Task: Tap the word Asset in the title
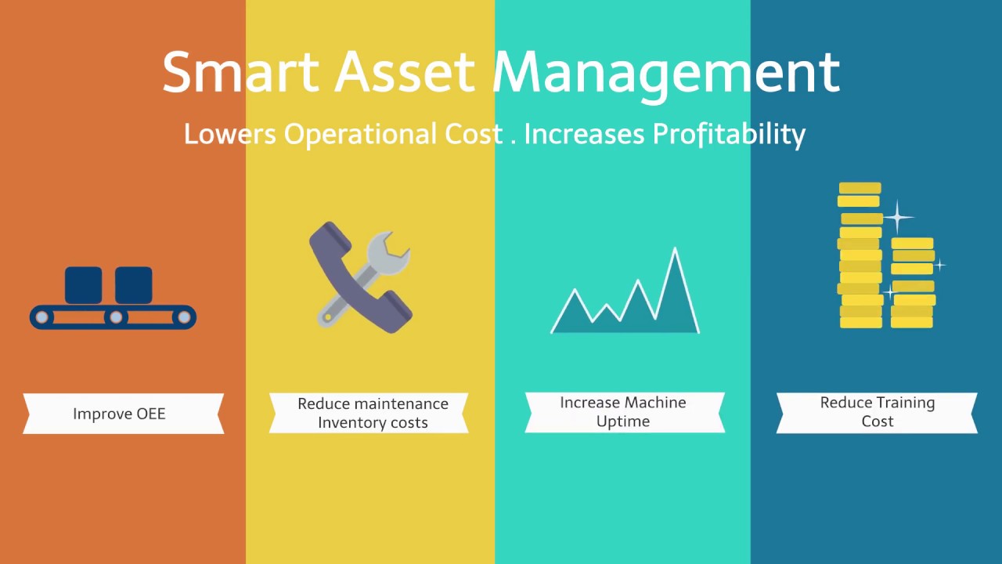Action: click(x=405, y=72)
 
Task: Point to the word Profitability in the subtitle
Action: click(x=729, y=135)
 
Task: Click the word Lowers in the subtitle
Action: click(x=229, y=134)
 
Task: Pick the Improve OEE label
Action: click(x=120, y=414)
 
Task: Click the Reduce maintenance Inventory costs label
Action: click(x=373, y=413)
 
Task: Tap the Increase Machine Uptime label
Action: click(x=623, y=412)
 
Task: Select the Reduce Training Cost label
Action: click(x=878, y=412)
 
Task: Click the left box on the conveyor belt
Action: click(x=83, y=285)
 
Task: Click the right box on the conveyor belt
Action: click(x=133, y=285)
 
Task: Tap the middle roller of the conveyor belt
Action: click(x=116, y=317)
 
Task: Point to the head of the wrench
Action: click(x=388, y=251)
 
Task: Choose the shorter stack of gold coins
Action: click(x=913, y=284)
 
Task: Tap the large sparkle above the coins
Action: click(x=898, y=215)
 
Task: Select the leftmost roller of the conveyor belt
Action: click(x=42, y=317)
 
